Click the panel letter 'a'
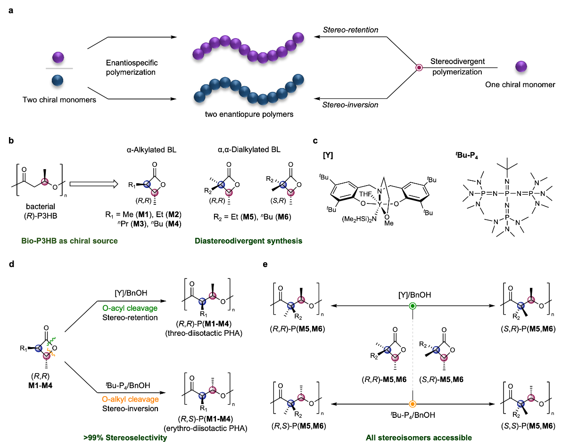coord(10,10)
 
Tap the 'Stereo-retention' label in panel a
coord(350,30)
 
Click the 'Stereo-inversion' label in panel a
coord(350,105)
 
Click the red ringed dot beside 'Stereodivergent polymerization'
coord(418,68)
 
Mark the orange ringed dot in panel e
coord(413,404)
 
